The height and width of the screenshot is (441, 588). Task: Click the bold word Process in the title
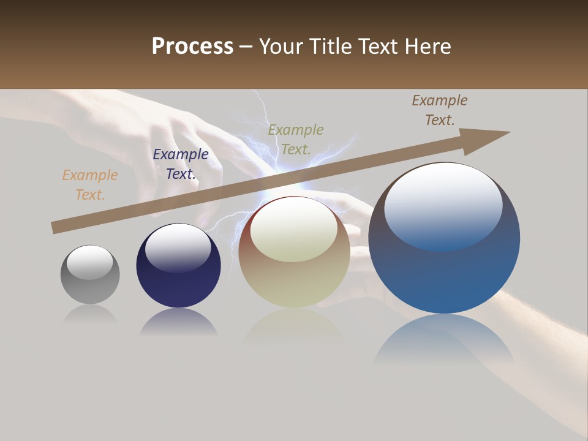click(x=192, y=47)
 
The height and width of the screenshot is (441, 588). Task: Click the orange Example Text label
click(x=89, y=185)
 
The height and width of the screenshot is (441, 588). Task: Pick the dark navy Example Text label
click(x=180, y=164)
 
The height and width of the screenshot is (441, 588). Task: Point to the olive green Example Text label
click(x=296, y=140)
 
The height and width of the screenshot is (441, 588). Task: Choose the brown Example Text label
click(x=440, y=110)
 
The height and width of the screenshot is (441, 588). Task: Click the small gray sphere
click(x=90, y=282)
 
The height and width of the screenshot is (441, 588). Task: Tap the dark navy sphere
click(x=178, y=276)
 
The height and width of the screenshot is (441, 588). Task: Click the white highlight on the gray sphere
click(x=89, y=262)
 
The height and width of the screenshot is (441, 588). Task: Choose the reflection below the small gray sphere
click(x=90, y=314)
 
